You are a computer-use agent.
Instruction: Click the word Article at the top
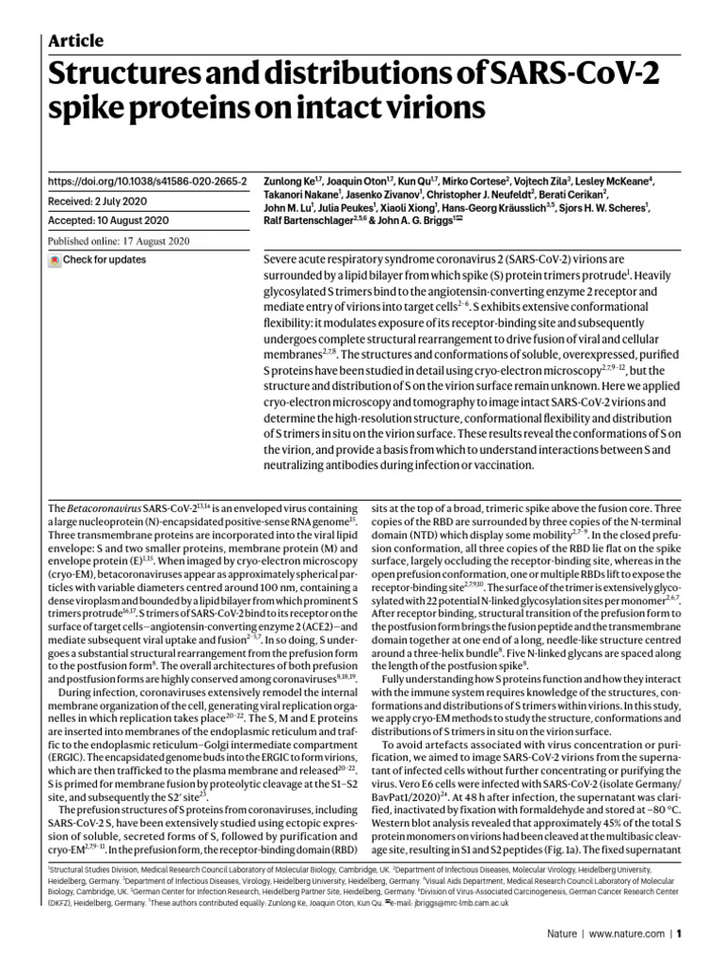tap(74, 40)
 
